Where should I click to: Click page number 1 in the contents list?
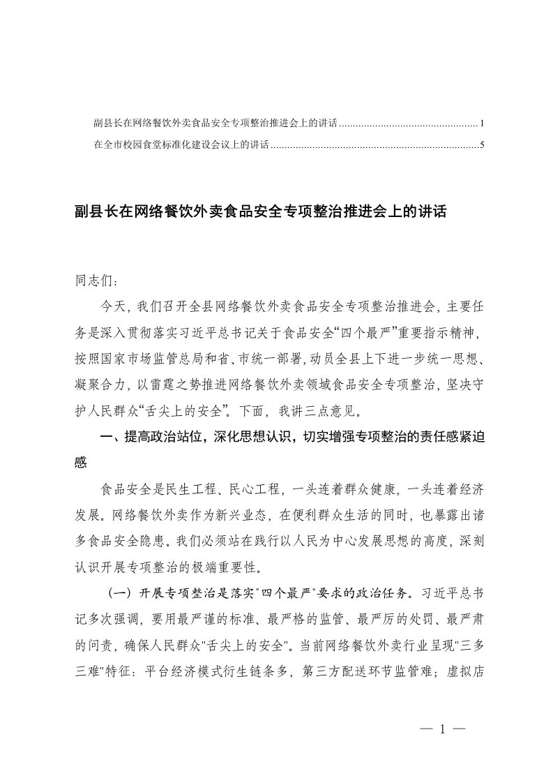pyautogui.click(x=482, y=124)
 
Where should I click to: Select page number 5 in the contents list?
pyautogui.click(x=482, y=146)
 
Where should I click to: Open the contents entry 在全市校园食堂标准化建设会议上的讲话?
pyautogui.click(x=181, y=146)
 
